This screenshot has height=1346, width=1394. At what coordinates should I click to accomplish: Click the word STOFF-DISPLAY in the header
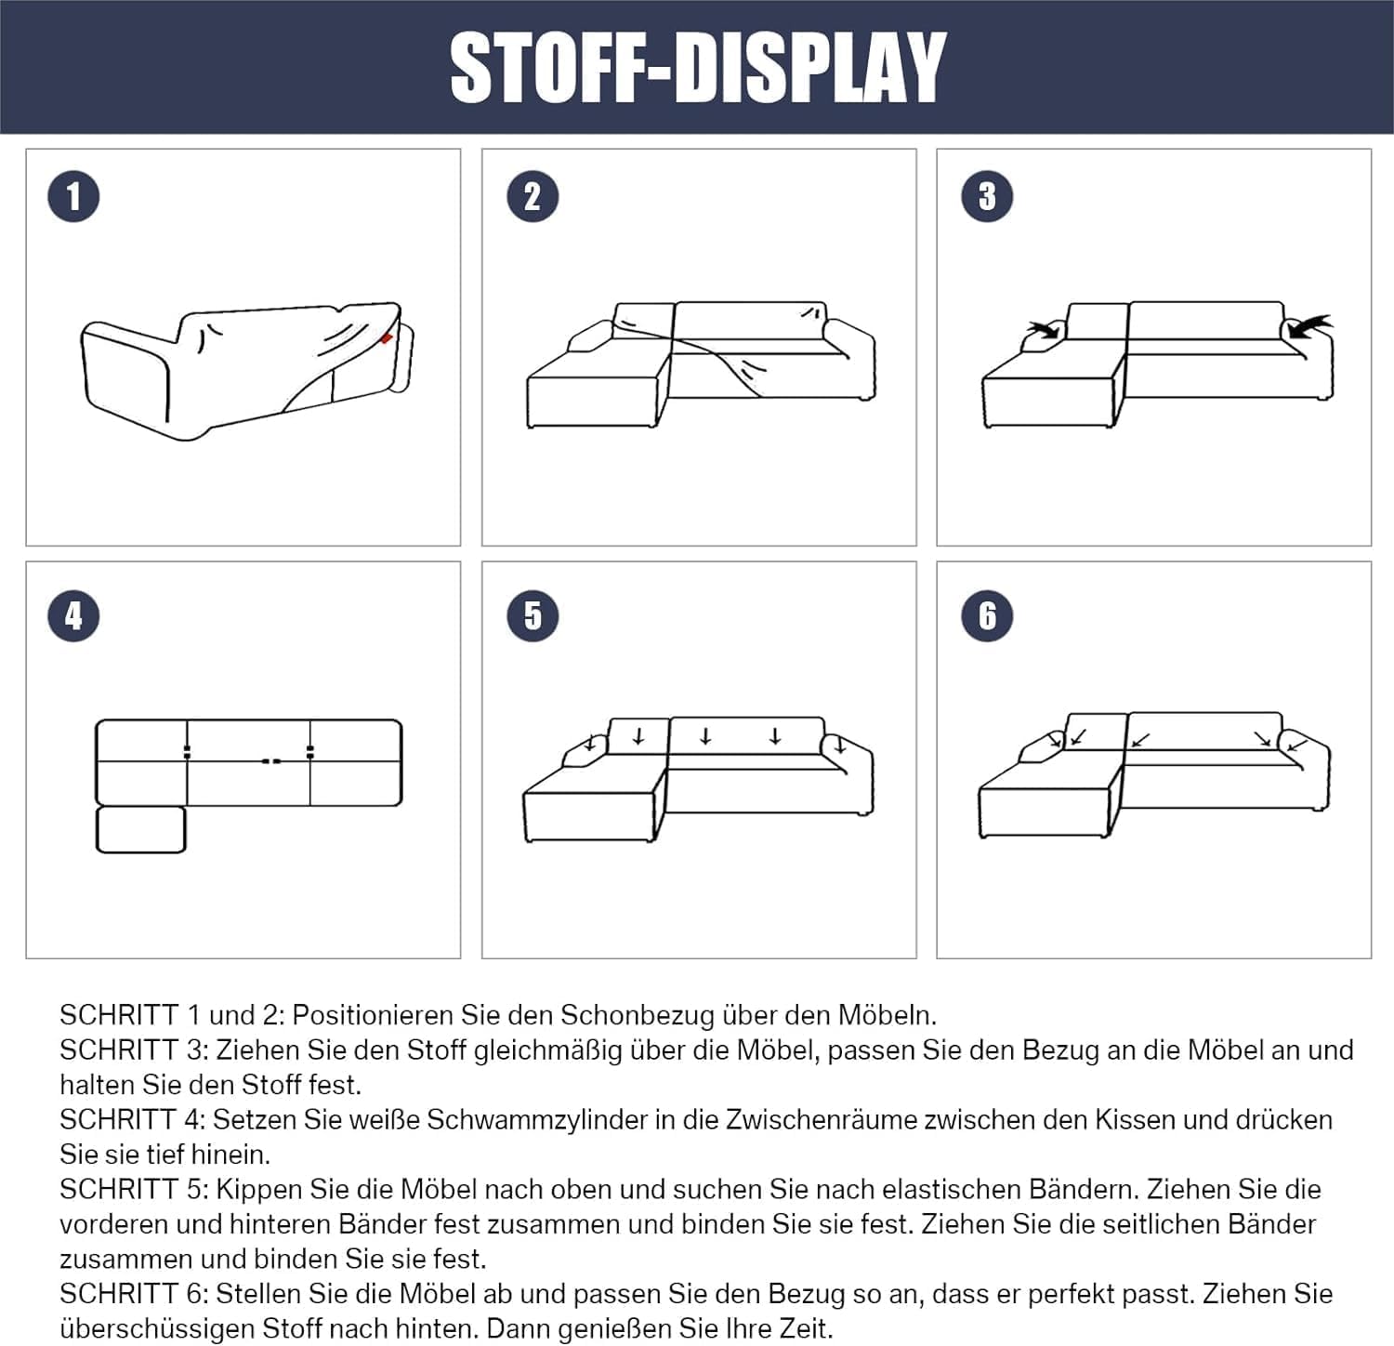[698, 67]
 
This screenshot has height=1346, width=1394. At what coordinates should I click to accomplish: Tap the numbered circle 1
[73, 196]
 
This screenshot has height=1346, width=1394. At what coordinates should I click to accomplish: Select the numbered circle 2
[533, 196]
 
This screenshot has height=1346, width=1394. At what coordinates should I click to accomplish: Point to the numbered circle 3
[987, 196]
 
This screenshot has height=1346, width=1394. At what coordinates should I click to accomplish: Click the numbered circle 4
[73, 615]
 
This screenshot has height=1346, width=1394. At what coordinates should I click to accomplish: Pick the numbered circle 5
[533, 615]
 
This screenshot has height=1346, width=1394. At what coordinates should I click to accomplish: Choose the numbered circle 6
[987, 615]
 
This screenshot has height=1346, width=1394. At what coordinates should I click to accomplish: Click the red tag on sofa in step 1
[387, 337]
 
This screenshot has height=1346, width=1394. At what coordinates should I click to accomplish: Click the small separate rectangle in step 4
[141, 829]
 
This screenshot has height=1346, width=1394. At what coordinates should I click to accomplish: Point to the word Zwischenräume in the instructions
[822, 1120]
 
